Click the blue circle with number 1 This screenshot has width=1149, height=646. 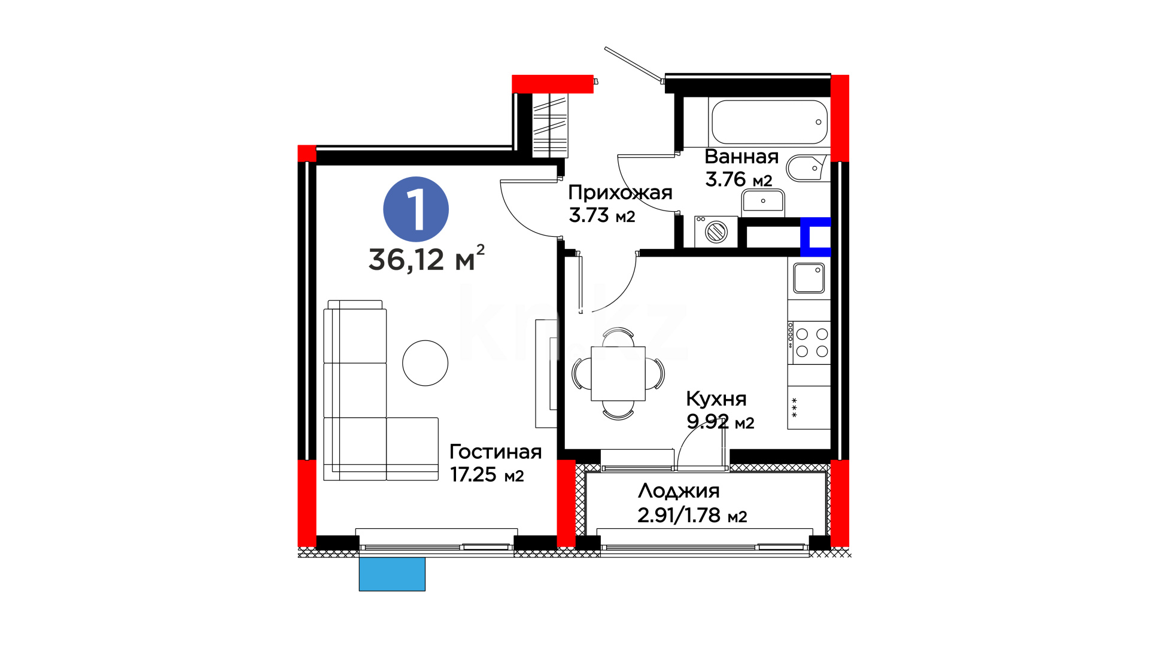point(416,209)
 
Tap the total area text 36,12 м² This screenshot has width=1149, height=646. point(427,258)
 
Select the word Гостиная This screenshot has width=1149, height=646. point(496,452)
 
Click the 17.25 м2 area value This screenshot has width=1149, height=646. point(487,475)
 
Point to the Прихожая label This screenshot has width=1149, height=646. point(620,193)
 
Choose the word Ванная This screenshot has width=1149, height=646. point(741,157)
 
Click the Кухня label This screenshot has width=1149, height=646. point(716,399)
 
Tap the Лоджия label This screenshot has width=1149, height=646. point(679,491)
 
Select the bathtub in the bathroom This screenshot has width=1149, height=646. point(770,122)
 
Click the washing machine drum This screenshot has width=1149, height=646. point(716,231)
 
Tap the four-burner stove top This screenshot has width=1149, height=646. point(809,343)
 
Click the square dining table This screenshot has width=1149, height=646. point(618,374)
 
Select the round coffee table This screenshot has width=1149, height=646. point(425,363)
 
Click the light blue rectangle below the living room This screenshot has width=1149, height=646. point(392,574)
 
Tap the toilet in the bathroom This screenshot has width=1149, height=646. point(807,169)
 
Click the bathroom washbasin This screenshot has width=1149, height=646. point(763,202)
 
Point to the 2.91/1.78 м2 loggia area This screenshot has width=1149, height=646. point(692,516)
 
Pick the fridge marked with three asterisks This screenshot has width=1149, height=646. point(809,407)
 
